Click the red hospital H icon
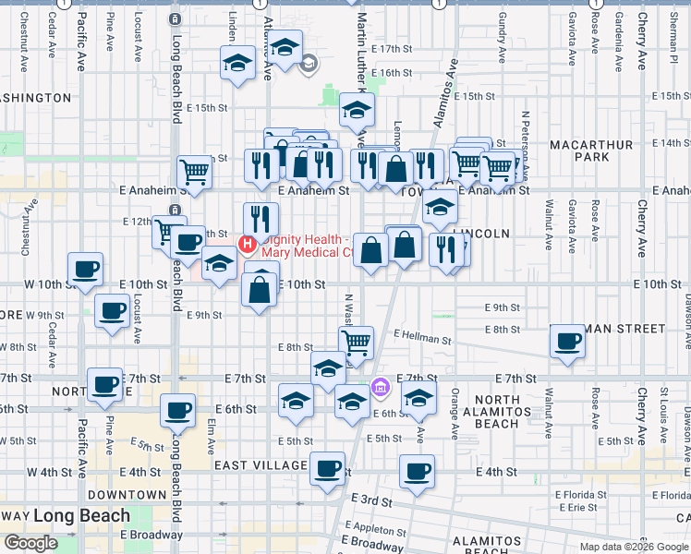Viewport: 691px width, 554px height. point(247,244)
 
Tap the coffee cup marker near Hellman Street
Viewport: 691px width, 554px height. point(567,342)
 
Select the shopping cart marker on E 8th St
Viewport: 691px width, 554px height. point(356,343)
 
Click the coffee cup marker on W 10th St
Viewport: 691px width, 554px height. point(86,269)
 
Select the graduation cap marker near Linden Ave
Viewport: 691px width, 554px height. point(237,63)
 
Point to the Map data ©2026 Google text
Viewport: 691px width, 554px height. point(633,547)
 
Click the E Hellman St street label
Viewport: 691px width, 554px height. point(421,339)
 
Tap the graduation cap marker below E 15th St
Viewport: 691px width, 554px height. point(357,110)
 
